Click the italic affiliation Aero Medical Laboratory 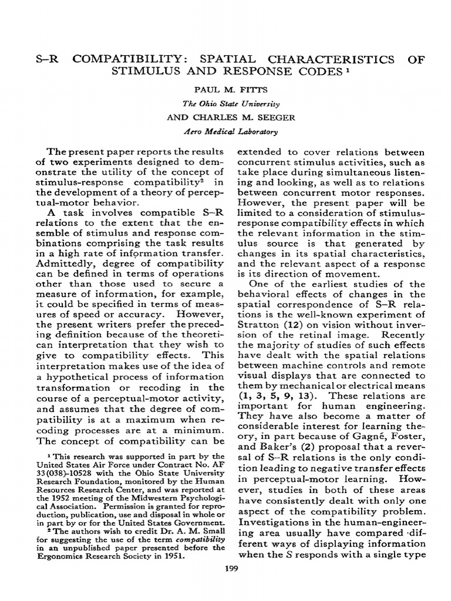pos(225,132)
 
